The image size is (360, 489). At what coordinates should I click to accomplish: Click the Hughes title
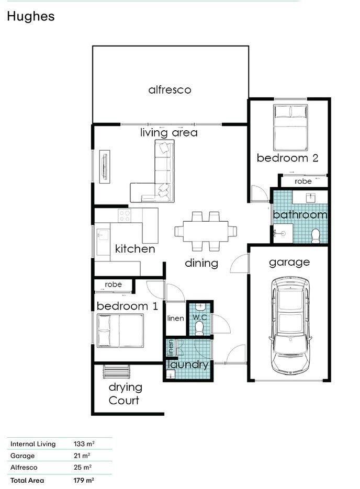click(30, 17)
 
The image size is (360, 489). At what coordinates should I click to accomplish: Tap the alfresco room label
click(170, 90)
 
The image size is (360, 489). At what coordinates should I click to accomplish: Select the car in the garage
click(290, 326)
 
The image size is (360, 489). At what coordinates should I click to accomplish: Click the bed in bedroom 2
click(290, 128)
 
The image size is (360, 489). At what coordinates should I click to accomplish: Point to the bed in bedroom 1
click(120, 331)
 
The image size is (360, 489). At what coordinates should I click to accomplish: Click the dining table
click(206, 231)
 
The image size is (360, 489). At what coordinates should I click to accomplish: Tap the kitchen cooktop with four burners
click(125, 215)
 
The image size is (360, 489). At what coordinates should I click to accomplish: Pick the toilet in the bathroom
click(316, 236)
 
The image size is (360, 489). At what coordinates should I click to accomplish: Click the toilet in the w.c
click(199, 328)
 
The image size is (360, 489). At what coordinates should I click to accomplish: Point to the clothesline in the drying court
click(116, 371)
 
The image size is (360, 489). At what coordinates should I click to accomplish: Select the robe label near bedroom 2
click(303, 181)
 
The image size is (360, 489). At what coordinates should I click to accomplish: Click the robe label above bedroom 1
click(113, 285)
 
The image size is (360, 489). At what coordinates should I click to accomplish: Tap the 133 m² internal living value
click(84, 443)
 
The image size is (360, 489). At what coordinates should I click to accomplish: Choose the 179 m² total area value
click(84, 480)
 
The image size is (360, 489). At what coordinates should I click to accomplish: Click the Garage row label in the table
click(22, 456)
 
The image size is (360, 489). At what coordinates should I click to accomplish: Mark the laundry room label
click(188, 365)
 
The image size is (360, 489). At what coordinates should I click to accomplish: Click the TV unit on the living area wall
click(105, 166)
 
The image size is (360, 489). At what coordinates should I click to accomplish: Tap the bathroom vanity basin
click(310, 197)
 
